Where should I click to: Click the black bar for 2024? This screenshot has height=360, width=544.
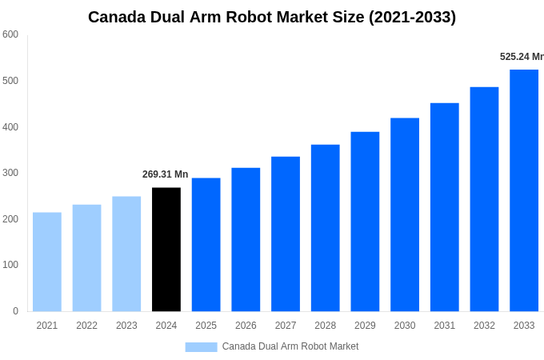[166, 250]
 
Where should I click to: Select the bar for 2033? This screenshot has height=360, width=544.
[524, 190]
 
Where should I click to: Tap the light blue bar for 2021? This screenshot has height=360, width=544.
[47, 262]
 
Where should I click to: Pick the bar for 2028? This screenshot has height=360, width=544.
[326, 228]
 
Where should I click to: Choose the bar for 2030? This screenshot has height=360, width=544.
[405, 214]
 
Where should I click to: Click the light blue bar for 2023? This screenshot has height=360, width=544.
[126, 254]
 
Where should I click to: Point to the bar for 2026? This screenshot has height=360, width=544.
[246, 239]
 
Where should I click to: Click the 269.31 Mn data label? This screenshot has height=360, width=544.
[165, 174]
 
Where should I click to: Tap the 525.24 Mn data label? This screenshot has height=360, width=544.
[522, 57]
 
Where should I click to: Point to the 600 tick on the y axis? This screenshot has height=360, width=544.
[10, 34]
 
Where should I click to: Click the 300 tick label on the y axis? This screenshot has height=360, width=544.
[10, 173]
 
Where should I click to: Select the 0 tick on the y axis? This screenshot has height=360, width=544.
[15, 311]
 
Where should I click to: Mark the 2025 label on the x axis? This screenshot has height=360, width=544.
[206, 326]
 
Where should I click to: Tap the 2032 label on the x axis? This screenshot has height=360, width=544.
[484, 326]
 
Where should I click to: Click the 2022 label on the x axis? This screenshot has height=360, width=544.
[86, 326]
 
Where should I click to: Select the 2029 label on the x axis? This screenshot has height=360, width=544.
[365, 326]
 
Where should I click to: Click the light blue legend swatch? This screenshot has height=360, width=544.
[201, 346]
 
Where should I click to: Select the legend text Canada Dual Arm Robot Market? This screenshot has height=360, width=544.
[290, 346]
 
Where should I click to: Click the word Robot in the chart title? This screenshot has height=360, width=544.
[254, 17]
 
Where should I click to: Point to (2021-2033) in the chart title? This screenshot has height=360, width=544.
[412, 17]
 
